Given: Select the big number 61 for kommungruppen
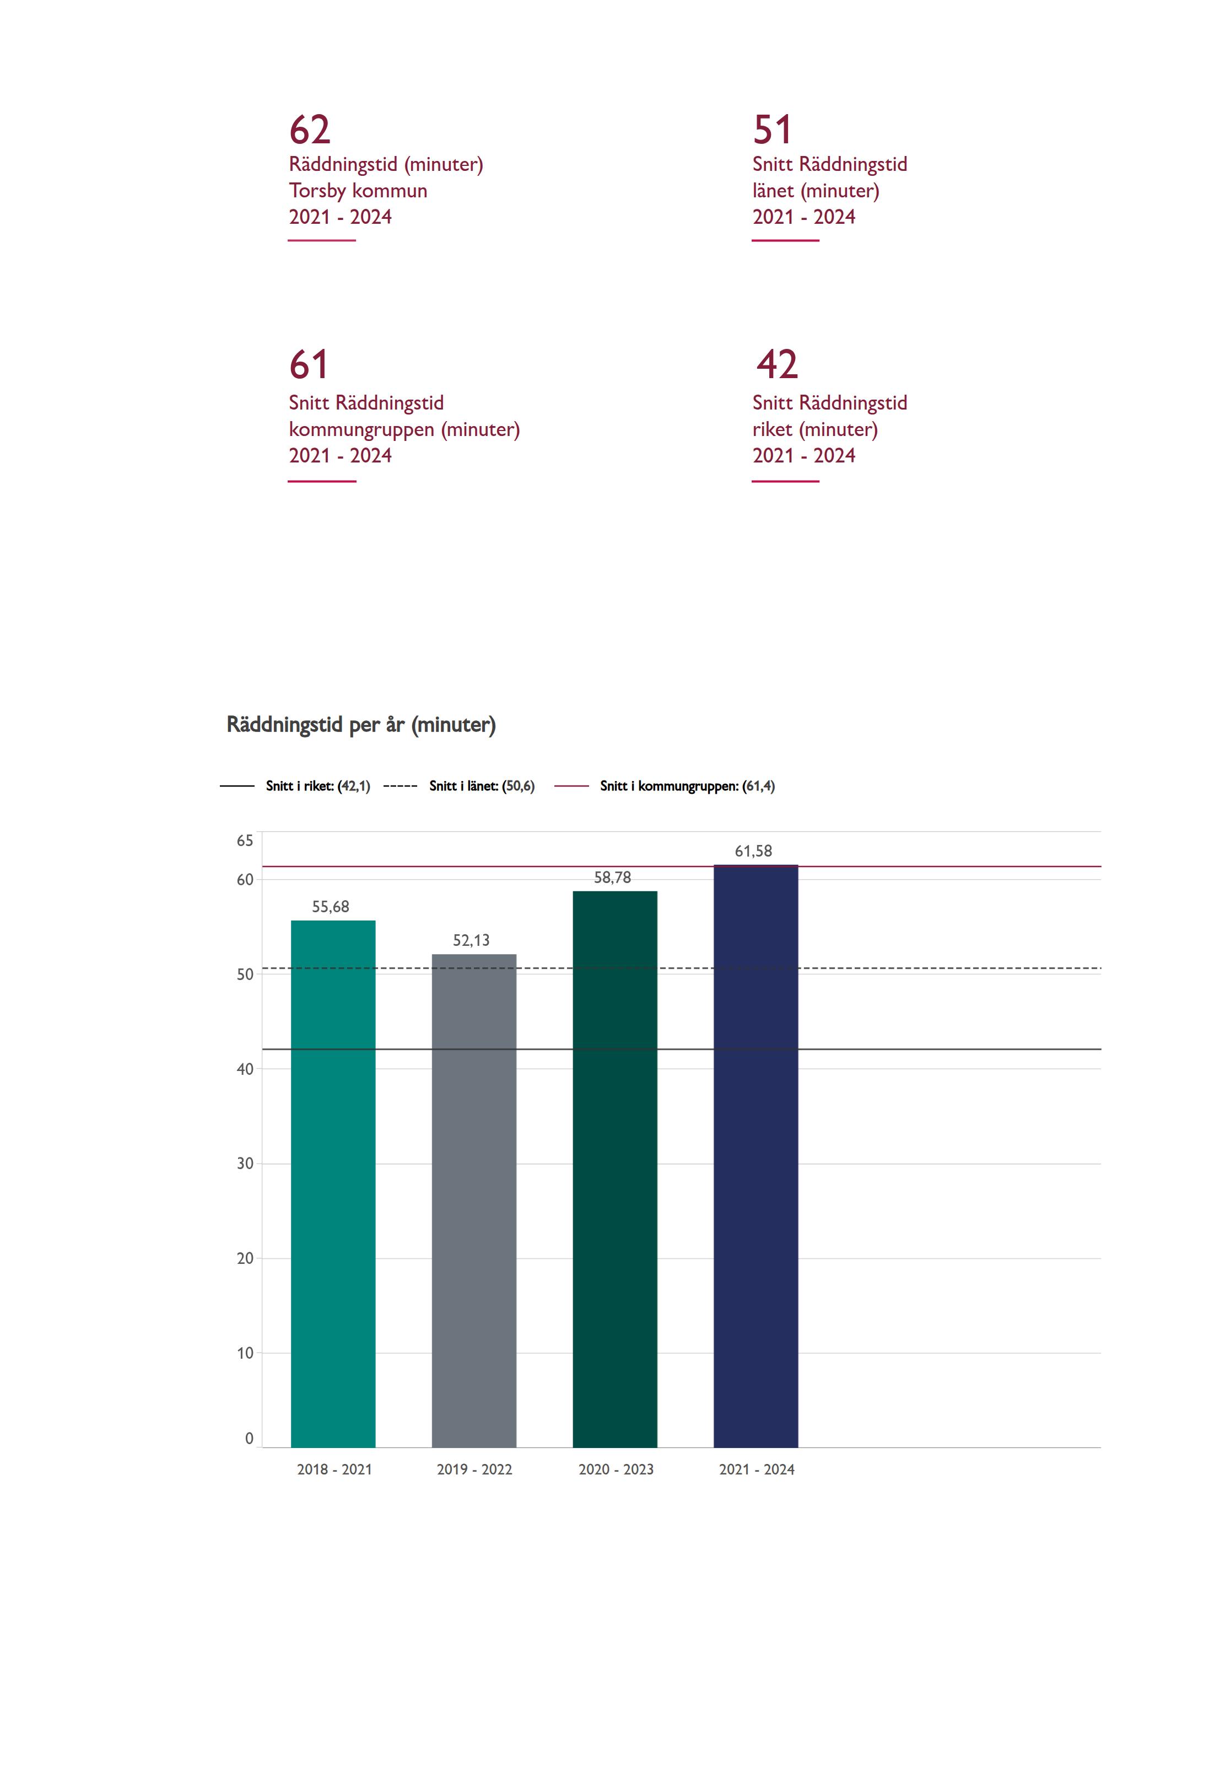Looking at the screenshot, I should [309, 365].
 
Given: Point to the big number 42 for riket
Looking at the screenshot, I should [777, 365].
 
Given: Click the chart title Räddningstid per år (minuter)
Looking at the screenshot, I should [361, 725].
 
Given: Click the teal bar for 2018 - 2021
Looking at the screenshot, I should [333, 1182].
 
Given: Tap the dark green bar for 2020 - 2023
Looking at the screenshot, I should [615, 1167].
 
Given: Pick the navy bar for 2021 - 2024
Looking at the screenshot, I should [755, 1151].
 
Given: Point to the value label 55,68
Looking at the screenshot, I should [331, 907].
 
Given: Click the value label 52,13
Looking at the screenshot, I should [471, 940].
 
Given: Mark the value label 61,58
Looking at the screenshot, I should [754, 850].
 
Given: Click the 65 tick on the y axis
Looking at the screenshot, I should [245, 841].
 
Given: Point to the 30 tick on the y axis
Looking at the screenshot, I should [245, 1164].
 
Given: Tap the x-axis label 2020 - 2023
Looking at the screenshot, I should [616, 1469].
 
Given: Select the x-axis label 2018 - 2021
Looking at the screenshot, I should [334, 1469].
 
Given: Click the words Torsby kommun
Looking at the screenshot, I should [358, 190].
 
